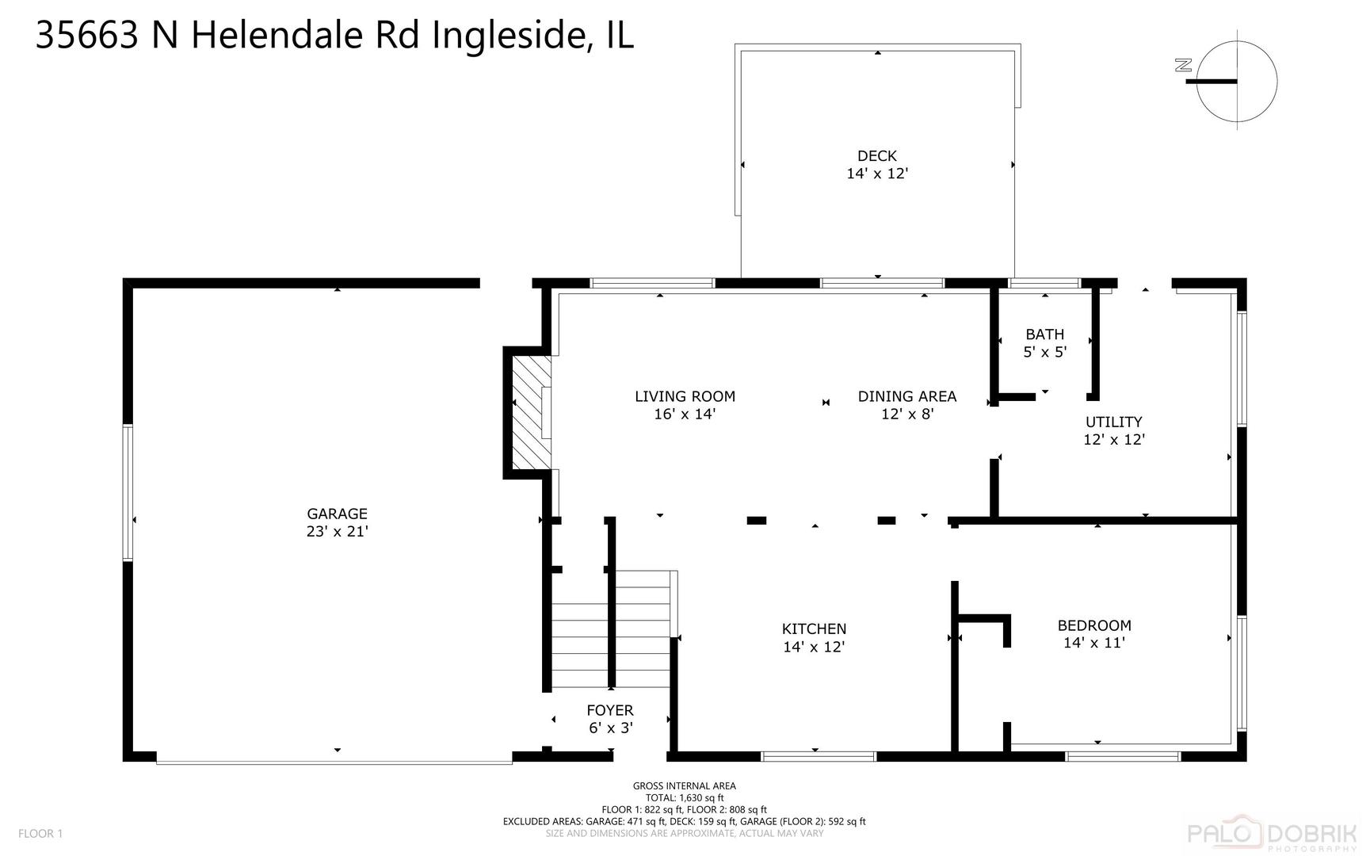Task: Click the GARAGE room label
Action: click(x=337, y=522)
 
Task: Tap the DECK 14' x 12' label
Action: click(x=876, y=165)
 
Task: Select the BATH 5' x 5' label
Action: click(x=1044, y=343)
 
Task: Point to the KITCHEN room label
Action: click(x=814, y=637)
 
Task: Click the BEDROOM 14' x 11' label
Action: click(x=1094, y=633)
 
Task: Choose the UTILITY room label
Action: click(x=1113, y=430)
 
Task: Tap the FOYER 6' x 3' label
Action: click(x=610, y=719)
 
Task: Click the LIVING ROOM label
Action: click(x=685, y=404)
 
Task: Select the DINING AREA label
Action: click(x=907, y=404)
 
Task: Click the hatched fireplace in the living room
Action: click(x=529, y=412)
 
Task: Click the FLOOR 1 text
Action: click(x=40, y=833)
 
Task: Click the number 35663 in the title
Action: click(x=88, y=36)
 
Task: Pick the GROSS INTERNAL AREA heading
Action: click(x=684, y=786)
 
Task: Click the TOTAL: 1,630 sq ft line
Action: click(x=684, y=798)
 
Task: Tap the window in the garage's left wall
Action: click(x=128, y=493)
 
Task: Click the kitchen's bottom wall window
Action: click(x=819, y=757)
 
